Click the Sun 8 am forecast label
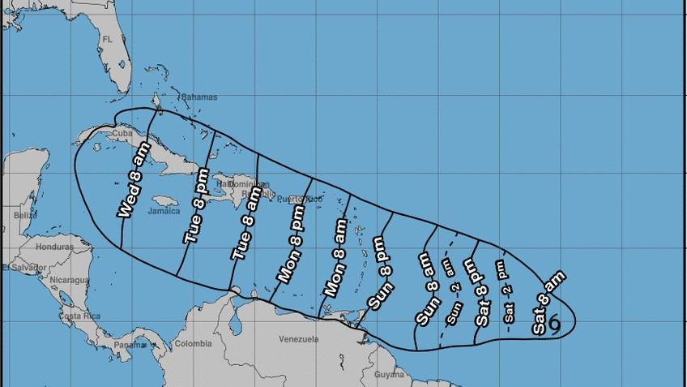tap(425, 289)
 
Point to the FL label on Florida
tap(106, 38)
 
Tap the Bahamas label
tap(199, 97)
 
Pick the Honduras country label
tap(55, 246)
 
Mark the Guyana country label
tap(390, 374)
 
